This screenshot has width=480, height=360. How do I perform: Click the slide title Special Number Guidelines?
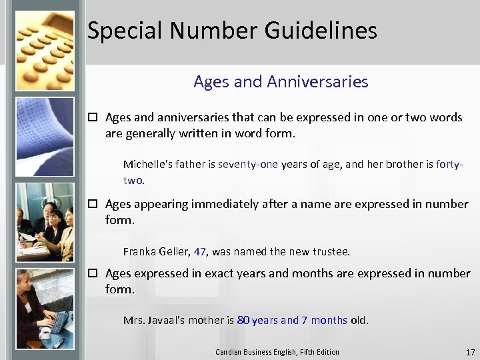coord(232,31)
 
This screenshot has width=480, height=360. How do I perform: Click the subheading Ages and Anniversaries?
coord(281,82)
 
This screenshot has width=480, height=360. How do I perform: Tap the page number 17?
coord(470,352)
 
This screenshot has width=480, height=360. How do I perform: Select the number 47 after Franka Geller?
coord(200,251)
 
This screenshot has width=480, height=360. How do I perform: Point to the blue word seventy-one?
coord(247,164)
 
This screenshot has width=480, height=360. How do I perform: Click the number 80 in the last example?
coord(243,320)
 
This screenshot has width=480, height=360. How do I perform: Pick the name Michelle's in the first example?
coord(147,164)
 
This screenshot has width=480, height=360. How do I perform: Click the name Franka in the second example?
coord(139,251)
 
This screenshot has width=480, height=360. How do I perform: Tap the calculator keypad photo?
coord(44,47)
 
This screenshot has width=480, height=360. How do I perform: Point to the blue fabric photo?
coord(45,136)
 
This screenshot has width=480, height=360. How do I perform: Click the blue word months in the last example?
coord(329,320)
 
